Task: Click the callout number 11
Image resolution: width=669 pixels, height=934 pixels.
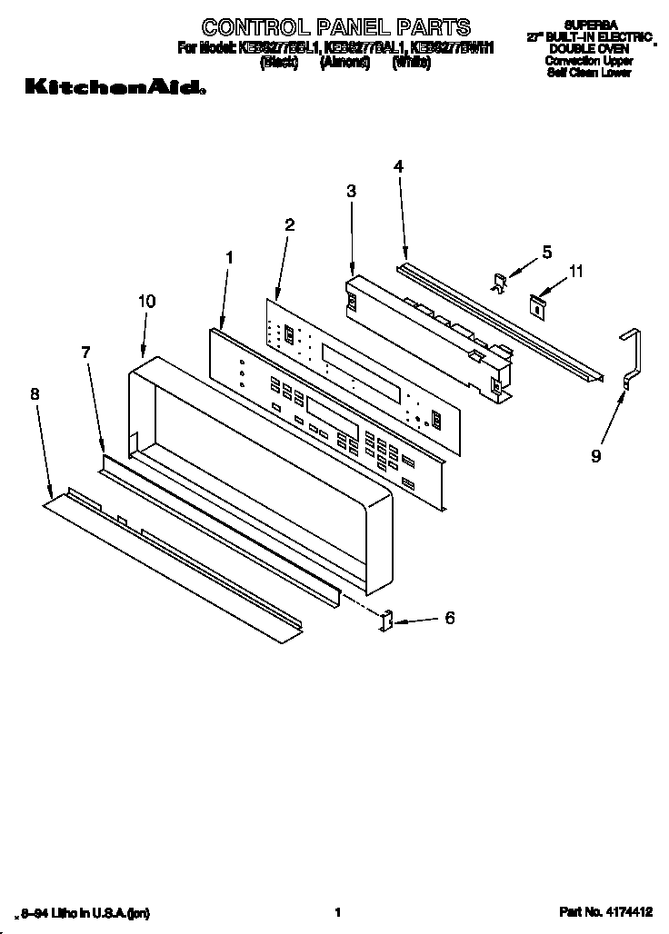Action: (x=576, y=271)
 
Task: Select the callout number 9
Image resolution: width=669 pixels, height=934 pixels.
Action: (x=596, y=456)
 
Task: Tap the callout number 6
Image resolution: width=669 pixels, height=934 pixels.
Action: (x=449, y=619)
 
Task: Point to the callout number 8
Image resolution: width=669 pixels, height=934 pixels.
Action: (x=35, y=393)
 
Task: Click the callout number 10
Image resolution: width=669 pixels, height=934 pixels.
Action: (x=147, y=301)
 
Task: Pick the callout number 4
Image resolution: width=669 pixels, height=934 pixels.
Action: (x=398, y=165)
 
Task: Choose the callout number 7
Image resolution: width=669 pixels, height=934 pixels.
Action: (x=86, y=352)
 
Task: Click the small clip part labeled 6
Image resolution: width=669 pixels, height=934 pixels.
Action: (x=385, y=621)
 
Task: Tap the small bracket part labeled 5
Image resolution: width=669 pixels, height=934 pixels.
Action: (x=498, y=282)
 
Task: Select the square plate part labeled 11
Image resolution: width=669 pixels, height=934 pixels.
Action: (x=538, y=306)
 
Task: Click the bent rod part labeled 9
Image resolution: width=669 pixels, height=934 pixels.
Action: (x=633, y=359)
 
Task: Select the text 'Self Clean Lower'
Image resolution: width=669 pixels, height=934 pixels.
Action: (x=590, y=72)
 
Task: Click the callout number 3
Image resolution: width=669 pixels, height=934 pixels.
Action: (x=352, y=191)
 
